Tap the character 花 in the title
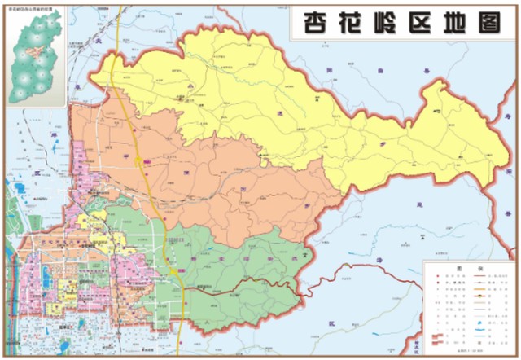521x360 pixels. click(350, 22)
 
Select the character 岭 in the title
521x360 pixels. click(387, 22)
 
